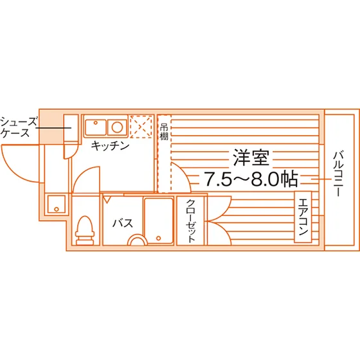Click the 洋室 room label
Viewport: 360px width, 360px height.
[251, 157]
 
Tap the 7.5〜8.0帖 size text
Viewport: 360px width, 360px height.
[251, 179]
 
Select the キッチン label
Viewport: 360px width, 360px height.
[110, 145]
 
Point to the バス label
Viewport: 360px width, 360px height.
[123, 223]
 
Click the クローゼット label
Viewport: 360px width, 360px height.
[191, 221]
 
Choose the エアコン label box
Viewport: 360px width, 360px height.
[303, 217]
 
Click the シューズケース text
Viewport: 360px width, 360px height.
[19, 127]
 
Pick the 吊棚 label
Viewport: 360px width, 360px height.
[164, 132]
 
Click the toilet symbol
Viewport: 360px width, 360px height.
[85, 230]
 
